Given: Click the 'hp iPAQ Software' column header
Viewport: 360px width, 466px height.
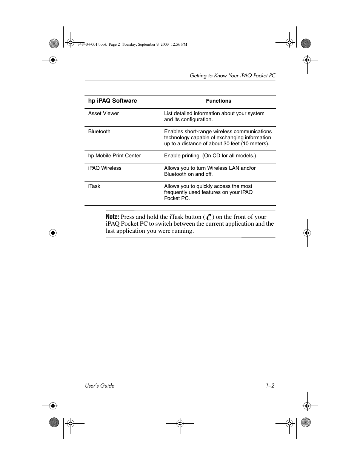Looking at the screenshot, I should (112, 101).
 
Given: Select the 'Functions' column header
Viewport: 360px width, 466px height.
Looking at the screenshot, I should (218, 101).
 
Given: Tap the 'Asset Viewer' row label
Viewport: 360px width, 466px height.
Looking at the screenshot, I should (103, 114).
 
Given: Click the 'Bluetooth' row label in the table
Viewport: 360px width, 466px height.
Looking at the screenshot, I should (99, 132).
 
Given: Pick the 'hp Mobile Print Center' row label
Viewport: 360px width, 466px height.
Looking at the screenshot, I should (114, 156).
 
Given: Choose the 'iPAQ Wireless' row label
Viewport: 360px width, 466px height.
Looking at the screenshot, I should (105, 168).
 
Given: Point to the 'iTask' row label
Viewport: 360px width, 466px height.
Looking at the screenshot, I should (94, 186).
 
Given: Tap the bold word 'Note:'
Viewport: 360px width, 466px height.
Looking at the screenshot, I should (112, 217).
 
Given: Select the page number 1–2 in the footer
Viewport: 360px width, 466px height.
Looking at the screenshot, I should (270, 386).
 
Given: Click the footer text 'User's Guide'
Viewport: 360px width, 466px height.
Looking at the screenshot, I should (100, 386).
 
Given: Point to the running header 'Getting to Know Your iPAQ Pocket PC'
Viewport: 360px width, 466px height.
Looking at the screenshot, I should (232, 76).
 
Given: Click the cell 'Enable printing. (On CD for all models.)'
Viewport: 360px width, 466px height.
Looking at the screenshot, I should (210, 156).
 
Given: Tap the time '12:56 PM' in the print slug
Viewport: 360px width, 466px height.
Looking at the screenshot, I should (179, 45).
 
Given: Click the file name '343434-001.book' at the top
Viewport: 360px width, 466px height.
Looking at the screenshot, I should (92, 45).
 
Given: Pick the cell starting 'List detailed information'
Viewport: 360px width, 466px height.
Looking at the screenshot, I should (214, 116).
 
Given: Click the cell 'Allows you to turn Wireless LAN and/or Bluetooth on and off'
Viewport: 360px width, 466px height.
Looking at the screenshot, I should (210, 171).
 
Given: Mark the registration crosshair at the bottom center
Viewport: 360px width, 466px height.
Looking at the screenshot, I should (180, 423).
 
